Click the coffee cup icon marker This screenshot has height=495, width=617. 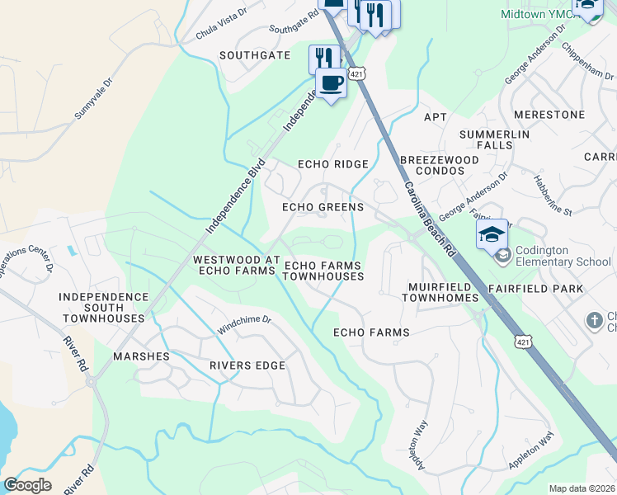331,83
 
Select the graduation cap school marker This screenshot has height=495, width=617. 492,233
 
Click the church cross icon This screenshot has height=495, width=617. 593,319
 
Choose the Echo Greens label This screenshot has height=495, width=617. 323,207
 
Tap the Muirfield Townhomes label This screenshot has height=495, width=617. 443,292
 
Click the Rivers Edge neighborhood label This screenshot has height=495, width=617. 247,365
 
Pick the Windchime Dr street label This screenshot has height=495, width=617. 244,324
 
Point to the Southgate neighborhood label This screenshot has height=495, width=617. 255,55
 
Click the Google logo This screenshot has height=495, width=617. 27,485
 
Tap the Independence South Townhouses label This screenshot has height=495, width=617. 102,307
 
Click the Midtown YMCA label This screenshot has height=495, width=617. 537,14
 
